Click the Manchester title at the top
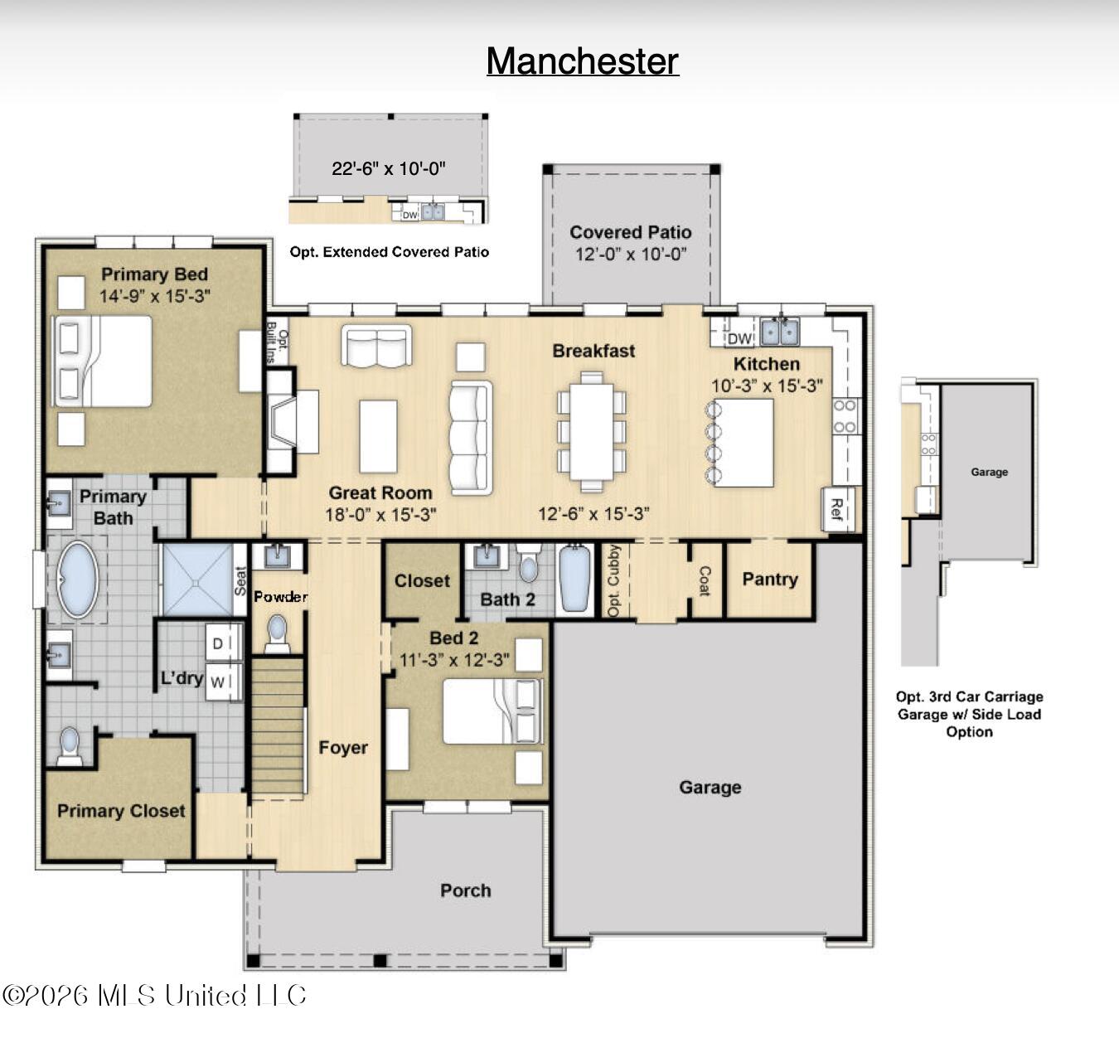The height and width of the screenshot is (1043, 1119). click(583, 61)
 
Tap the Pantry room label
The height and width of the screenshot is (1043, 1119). click(770, 579)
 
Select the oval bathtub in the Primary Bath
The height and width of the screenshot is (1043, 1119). click(78, 580)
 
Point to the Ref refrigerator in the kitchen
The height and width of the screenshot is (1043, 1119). click(838, 509)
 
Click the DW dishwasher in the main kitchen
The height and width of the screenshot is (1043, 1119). click(739, 337)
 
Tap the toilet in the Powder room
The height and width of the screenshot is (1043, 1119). click(277, 633)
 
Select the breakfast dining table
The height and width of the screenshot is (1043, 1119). click(592, 431)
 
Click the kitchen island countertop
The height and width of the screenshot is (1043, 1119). click(744, 443)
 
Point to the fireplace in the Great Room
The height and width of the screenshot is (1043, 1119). click(282, 420)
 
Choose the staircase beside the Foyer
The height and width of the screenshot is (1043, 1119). click(278, 726)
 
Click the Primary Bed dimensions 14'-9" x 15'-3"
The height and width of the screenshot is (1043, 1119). click(155, 296)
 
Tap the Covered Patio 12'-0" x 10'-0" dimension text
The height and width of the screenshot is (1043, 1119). click(631, 255)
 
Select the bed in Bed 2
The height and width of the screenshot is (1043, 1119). click(492, 711)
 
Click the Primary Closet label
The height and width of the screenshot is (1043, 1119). click(121, 811)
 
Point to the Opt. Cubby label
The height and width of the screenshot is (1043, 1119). click(614, 580)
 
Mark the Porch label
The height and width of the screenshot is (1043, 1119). click(465, 890)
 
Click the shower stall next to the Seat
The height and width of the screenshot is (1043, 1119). click(198, 579)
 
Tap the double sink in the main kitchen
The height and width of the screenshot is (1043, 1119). click(780, 332)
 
